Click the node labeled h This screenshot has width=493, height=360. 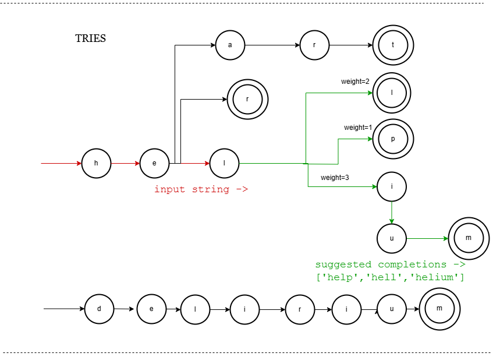(96, 163)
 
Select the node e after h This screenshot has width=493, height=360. (154, 163)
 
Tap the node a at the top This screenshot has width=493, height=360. (230, 45)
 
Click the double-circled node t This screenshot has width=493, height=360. (393, 45)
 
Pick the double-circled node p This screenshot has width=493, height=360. (393, 139)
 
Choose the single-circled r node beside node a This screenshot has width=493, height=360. (314, 45)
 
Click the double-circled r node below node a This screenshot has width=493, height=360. (247, 99)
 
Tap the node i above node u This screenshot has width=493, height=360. (392, 186)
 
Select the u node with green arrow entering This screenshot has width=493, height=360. (392, 238)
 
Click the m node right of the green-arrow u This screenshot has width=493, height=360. (469, 238)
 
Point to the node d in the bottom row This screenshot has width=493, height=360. (99, 309)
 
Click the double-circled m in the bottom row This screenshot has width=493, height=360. (439, 309)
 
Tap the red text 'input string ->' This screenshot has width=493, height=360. (201, 189)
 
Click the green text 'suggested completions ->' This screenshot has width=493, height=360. (390, 264)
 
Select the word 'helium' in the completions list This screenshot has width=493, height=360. (437, 278)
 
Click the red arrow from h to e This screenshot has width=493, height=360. (125, 163)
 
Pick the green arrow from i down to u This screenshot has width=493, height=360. (392, 212)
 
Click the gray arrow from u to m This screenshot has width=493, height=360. (427, 238)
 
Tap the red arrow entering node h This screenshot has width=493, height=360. (61, 163)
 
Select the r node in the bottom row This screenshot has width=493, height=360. (300, 309)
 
